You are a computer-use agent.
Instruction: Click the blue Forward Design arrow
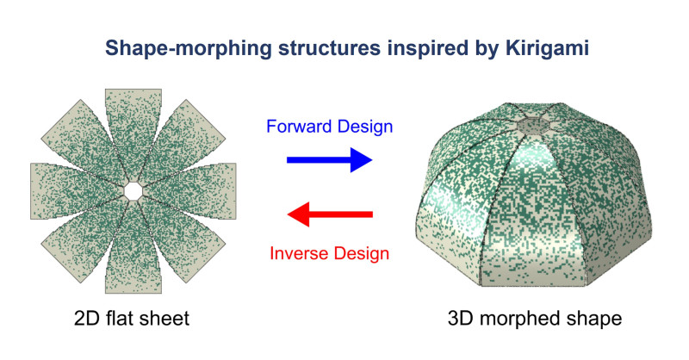point(330,160)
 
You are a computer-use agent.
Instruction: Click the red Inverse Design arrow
point(330,214)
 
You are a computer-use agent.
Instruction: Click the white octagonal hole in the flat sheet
point(133,191)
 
